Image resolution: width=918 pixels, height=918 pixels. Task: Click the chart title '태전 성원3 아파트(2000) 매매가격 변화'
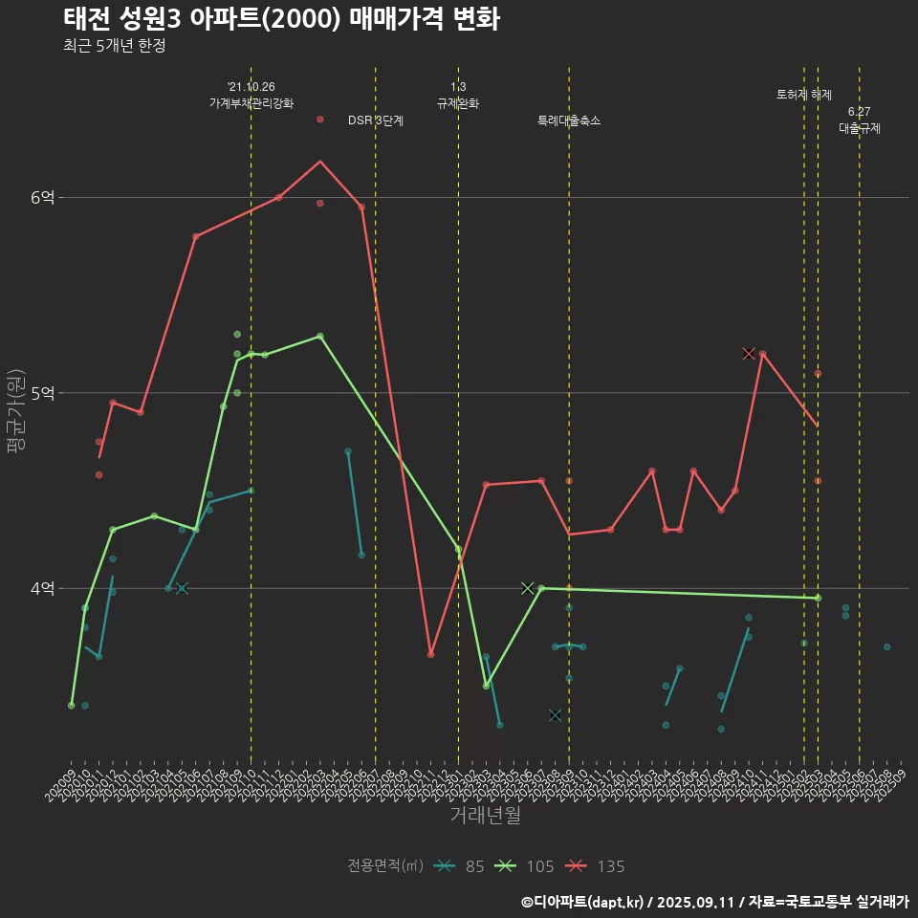(x=281, y=19)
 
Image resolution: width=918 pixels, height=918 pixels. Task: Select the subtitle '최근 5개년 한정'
(x=115, y=46)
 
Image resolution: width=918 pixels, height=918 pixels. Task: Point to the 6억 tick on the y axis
(x=42, y=198)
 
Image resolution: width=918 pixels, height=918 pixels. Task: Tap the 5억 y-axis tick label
(x=42, y=393)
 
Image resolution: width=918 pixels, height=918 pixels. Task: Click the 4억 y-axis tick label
(x=42, y=589)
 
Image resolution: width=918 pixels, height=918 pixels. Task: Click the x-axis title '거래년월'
(x=485, y=816)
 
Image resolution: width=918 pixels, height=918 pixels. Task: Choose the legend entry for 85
(x=458, y=866)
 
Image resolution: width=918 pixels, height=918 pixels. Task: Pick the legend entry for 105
(x=525, y=866)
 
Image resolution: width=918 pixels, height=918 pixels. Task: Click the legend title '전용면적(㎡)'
(x=385, y=866)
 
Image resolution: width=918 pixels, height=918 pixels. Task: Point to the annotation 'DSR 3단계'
(x=376, y=120)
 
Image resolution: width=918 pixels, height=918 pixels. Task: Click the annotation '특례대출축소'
(x=568, y=120)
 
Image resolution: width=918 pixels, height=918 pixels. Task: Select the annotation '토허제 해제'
(x=803, y=95)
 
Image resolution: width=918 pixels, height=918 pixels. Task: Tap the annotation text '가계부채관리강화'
(x=251, y=102)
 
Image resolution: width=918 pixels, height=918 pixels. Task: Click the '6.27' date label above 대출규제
(x=859, y=112)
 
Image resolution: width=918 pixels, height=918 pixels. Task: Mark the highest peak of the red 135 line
(x=320, y=161)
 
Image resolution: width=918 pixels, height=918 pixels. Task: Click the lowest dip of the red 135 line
(x=430, y=654)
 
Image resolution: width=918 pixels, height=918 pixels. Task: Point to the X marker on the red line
(x=749, y=354)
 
